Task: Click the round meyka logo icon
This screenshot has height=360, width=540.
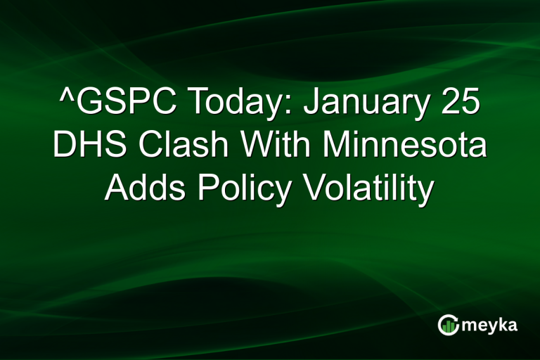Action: [447, 324]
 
